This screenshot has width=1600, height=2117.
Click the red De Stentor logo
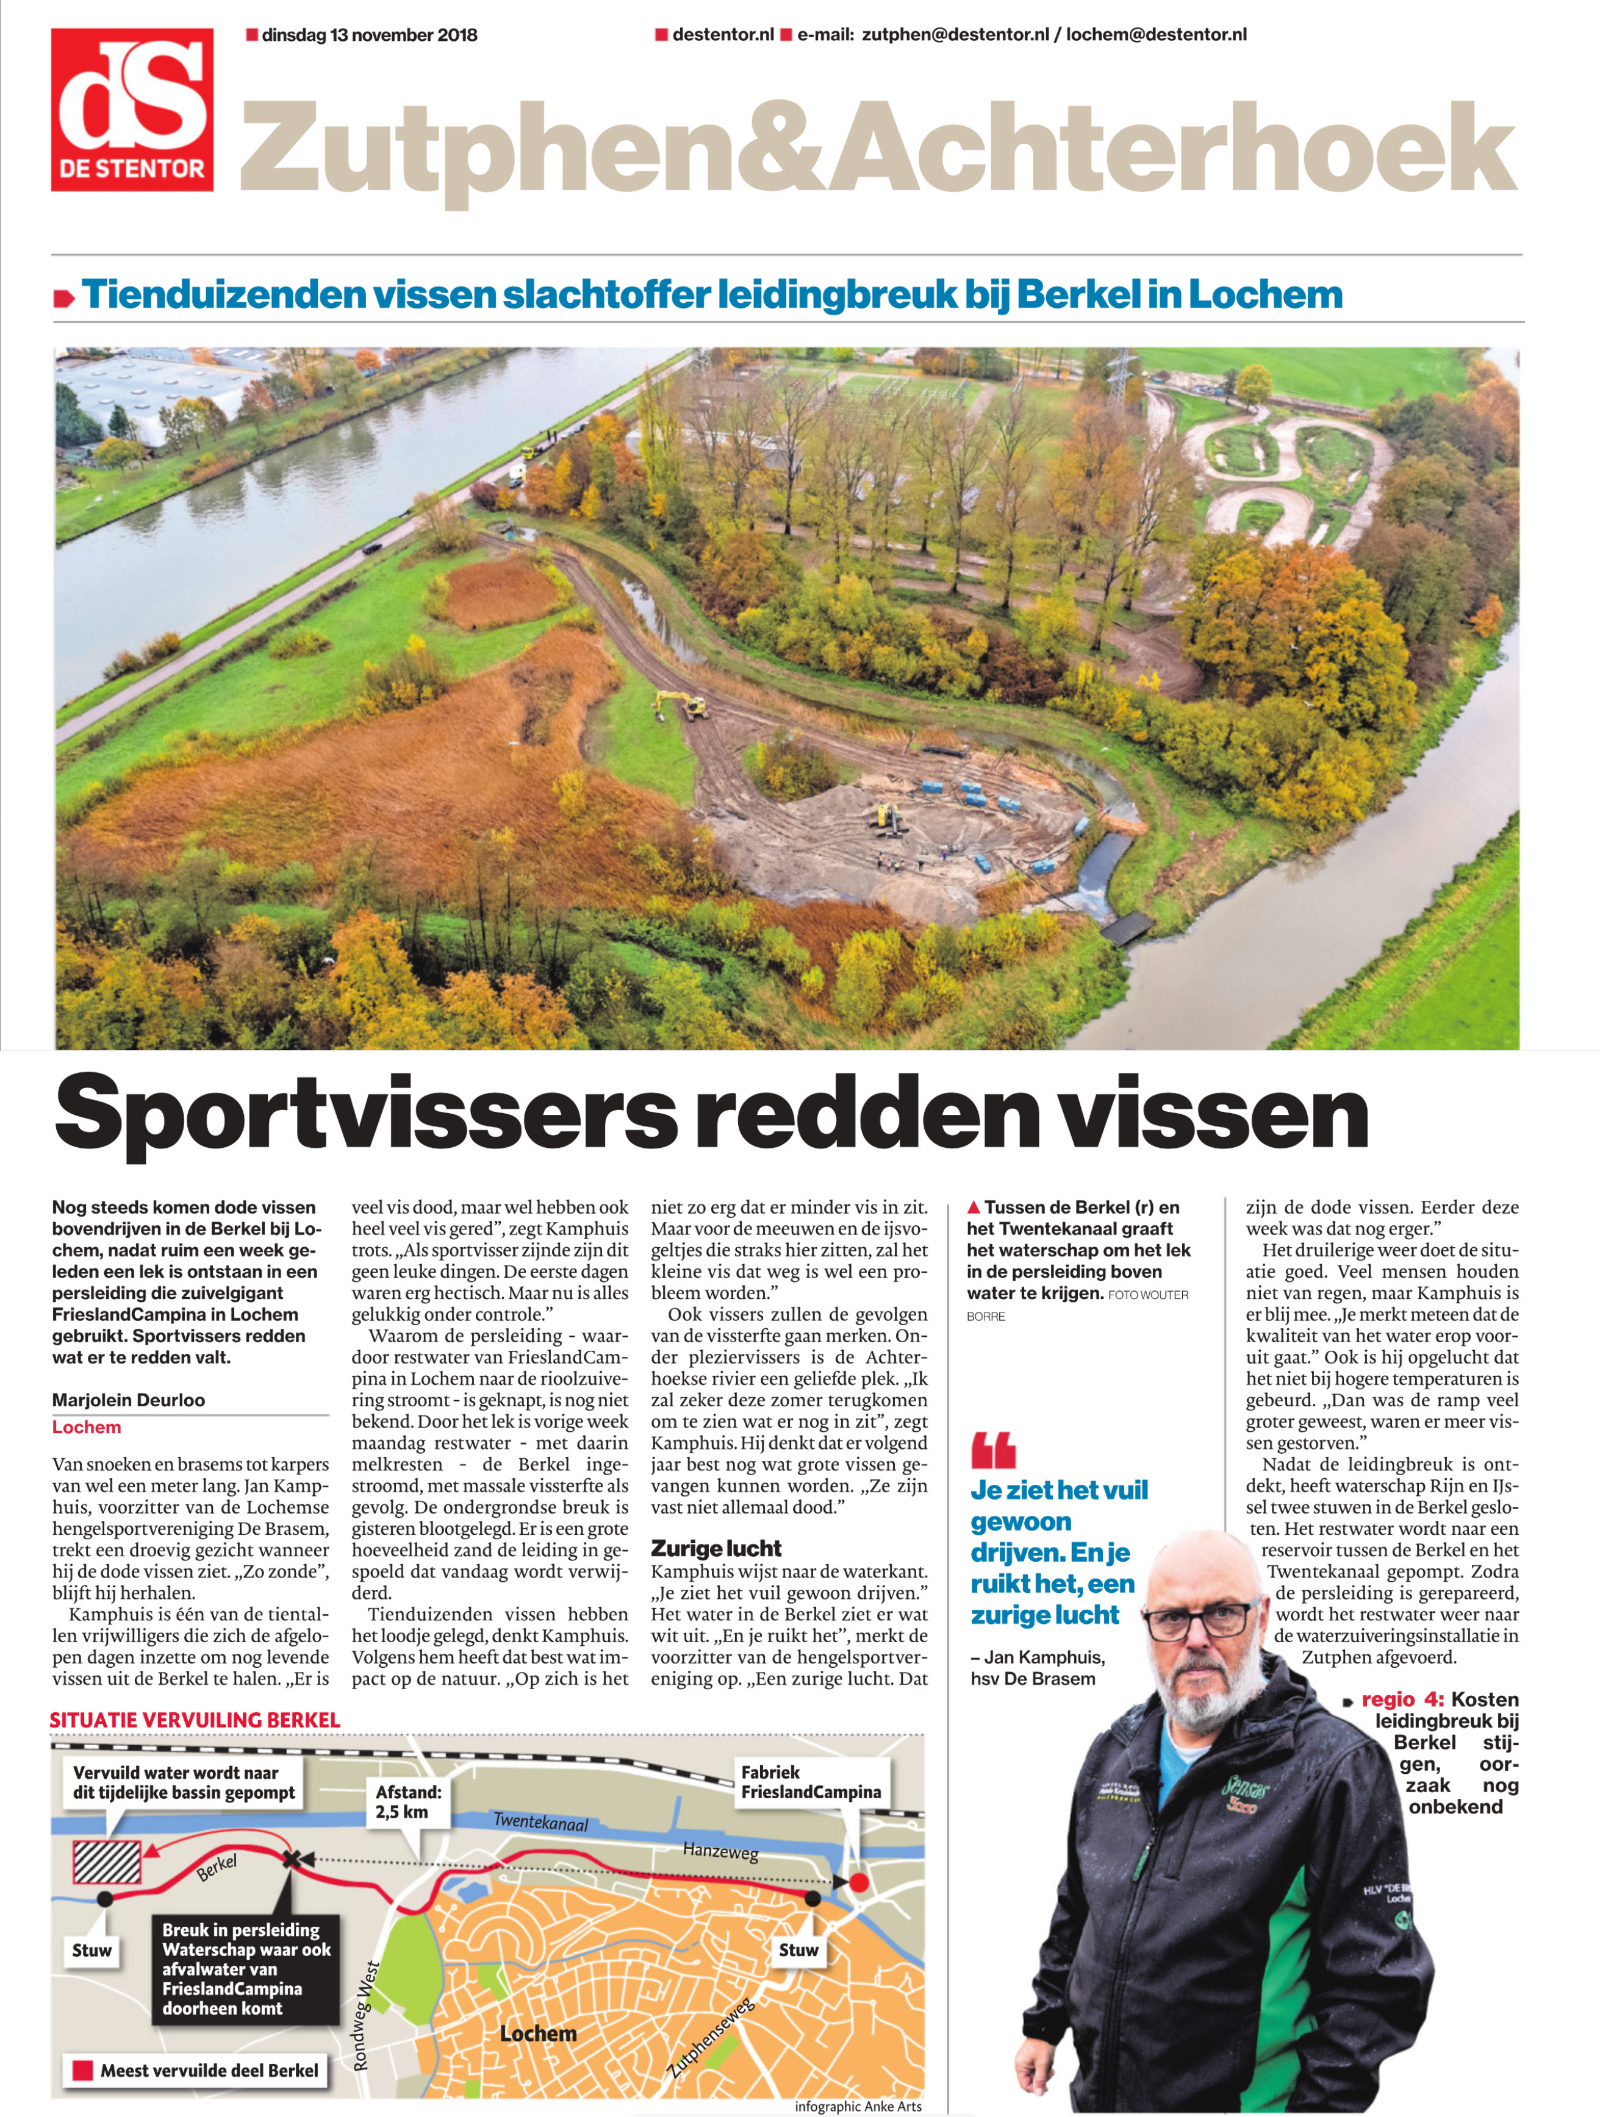click(132, 109)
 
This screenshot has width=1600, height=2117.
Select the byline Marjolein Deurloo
click(128, 1399)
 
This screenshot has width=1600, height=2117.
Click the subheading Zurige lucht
click(716, 1548)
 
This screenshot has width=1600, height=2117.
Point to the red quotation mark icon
click(993, 1451)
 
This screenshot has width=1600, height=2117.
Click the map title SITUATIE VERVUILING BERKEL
click(195, 1720)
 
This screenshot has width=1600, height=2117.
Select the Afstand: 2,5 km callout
click(408, 1801)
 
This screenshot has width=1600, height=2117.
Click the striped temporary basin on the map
click(107, 1862)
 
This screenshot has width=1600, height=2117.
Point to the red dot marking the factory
click(859, 1882)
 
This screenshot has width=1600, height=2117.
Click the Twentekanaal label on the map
click(541, 1821)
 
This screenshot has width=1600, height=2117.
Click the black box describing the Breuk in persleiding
click(246, 1969)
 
